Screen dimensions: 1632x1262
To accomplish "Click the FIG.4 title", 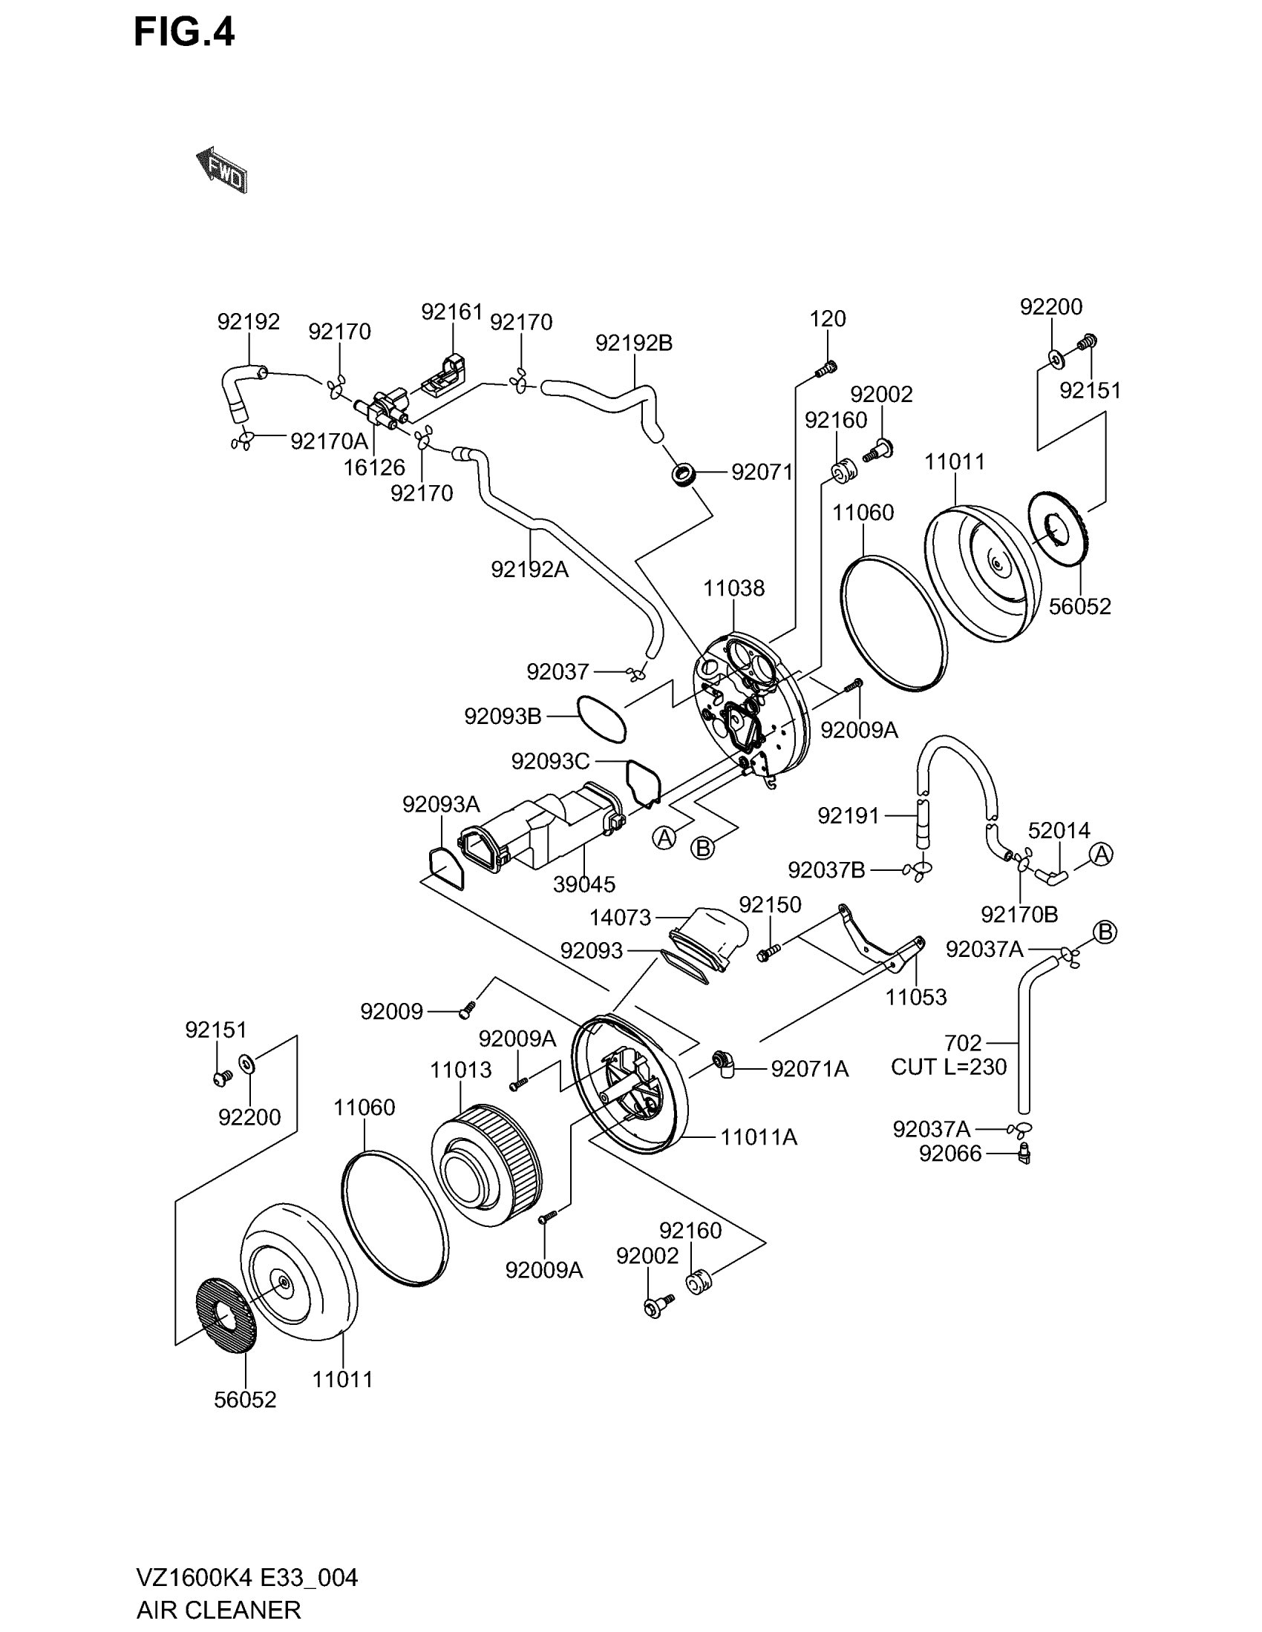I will [x=184, y=33].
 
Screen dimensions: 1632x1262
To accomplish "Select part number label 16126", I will [x=374, y=468].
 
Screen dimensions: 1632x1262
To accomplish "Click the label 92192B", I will [x=634, y=343].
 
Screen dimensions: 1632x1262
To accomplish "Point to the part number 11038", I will [x=733, y=588].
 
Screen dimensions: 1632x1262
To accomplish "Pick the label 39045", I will [x=584, y=884].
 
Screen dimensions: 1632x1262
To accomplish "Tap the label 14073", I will [x=620, y=917].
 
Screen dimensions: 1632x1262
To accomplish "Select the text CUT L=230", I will [x=949, y=1066].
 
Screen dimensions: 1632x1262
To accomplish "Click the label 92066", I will [x=950, y=1154].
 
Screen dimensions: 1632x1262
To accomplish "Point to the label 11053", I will [x=916, y=997].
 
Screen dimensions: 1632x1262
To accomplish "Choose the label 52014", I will [x=1059, y=830].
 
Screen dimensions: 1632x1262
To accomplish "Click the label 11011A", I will [x=759, y=1137].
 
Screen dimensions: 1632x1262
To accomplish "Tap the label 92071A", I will [x=810, y=1069].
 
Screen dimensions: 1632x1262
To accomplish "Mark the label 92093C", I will [x=550, y=761].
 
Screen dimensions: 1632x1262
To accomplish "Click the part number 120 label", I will [x=828, y=319].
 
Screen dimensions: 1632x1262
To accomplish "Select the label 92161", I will [x=451, y=312].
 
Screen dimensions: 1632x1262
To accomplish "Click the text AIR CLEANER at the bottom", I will [x=218, y=1609].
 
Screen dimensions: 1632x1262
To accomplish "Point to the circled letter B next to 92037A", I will [x=1105, y=932].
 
